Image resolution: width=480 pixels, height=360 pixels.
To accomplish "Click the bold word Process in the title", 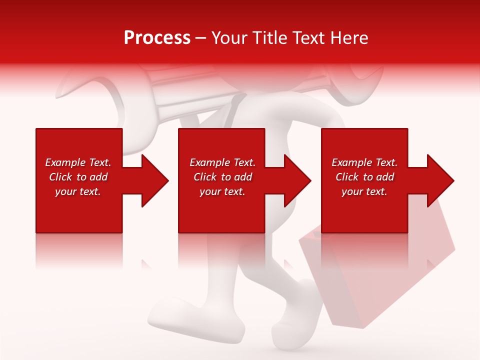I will coord(157,38).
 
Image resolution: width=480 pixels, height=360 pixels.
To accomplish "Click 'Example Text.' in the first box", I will coord(78,162).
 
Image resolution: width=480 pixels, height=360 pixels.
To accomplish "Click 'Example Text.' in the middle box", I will coord(222,162).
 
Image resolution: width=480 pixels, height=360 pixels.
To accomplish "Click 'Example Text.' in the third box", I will coord(364,162).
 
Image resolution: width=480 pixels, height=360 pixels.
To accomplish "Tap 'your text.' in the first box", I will coord(78,191).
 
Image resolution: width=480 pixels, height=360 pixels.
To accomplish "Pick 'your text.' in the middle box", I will coord(222,191).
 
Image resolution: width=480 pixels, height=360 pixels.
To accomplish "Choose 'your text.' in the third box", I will coord(364,191).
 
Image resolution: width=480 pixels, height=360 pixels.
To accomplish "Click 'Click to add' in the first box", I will coord(78,177).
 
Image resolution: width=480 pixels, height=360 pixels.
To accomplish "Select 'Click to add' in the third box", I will coord(364,177).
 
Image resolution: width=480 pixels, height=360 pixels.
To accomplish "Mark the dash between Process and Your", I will coord(200,38).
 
